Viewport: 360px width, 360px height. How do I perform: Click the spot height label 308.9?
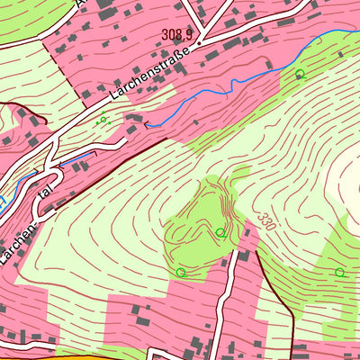click(x=178, y=34)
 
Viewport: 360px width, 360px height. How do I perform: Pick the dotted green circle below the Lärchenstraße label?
click(x=103, y=119)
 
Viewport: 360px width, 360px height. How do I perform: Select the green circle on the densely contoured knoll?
click(x=220, y=233)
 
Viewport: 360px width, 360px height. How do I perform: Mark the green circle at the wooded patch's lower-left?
click(x=181, y=272)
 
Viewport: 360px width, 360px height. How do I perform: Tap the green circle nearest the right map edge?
click(x=339, y=272)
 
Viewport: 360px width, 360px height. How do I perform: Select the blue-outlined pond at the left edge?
click(x=4, y=201)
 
